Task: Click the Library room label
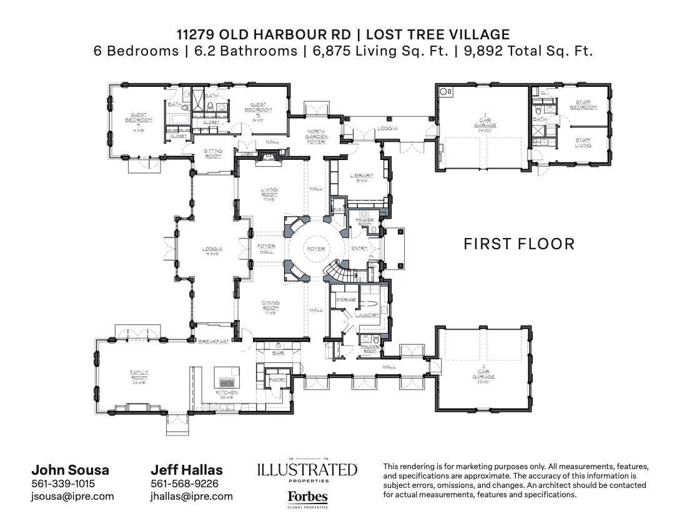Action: [362, 176]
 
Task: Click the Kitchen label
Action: [227, 392]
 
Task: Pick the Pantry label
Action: [277, 379]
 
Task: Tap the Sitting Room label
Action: [214, 153]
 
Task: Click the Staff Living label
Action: [583, 142]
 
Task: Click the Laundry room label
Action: [366, 315]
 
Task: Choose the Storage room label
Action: [346, 300]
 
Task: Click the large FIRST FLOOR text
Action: [518, 244]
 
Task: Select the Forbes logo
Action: [307, 498]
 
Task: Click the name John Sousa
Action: [70, 470]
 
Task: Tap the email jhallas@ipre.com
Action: [191, 496]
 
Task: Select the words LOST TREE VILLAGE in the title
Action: [437, 35]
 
